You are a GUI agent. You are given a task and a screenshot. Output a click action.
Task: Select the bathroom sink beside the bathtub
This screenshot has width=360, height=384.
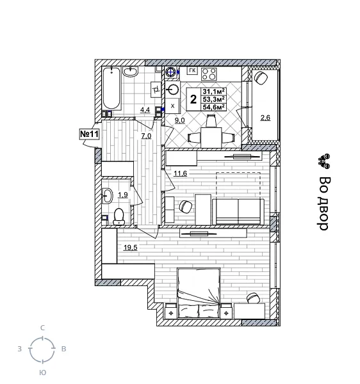pos(131,72)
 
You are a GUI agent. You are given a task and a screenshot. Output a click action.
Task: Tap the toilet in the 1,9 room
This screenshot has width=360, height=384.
pos(119,216)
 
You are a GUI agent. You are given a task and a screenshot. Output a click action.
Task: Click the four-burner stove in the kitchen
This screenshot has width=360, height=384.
pos(209,73)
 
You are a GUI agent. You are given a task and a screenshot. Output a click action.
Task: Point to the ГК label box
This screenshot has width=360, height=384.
pos(192,71)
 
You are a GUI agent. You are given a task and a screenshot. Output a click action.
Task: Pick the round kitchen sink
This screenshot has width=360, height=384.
pos(174,89)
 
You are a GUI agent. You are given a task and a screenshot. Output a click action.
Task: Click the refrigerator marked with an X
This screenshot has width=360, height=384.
pos(173,105)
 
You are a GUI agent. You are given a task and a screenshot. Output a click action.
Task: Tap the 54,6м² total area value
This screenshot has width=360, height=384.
pos(213,107)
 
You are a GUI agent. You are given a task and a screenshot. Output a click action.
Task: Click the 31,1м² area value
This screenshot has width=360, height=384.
pos(213,92)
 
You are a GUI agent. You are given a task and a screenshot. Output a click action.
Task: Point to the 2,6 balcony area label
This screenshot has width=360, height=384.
pos(265,117)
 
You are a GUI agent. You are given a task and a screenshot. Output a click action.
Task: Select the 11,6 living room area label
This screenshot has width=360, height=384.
pos(180,173)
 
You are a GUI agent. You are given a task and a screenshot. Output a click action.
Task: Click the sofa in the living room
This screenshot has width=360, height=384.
pos(238,211)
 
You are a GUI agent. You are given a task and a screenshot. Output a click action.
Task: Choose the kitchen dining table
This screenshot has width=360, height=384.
pos(209,136)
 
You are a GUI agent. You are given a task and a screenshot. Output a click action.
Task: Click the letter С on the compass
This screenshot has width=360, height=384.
pos(42,328)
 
